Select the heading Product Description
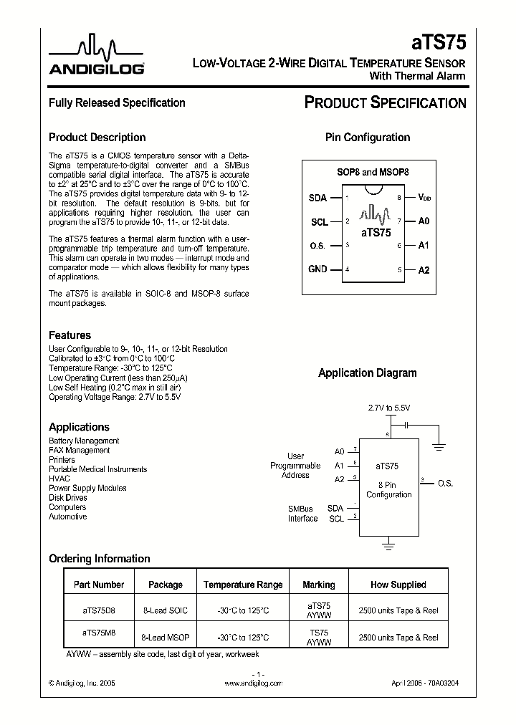point(97,138)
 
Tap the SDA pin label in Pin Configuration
point(317,198)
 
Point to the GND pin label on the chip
point(317,269)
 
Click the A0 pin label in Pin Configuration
point(424,221)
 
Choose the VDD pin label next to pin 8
point(425,197)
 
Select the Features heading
point(70,335)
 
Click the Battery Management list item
point(84,441)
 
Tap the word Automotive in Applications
point(67,517)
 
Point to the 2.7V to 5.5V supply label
point(389,408)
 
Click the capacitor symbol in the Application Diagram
point(406,425)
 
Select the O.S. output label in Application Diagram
point(445,484)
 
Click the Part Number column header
point(99,585)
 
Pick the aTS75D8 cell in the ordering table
point(99,610)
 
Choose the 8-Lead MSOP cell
point(165,637)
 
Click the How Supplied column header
point(398,585)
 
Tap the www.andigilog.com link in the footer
point(253,683)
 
